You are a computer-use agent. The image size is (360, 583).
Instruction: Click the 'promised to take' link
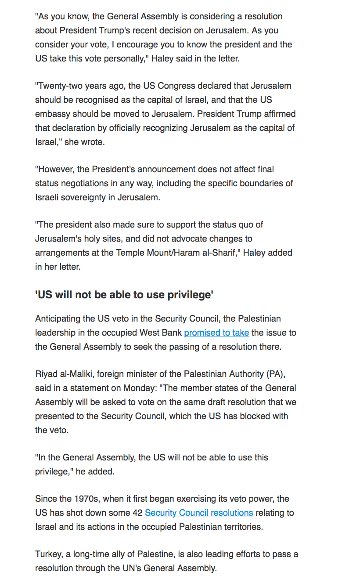(x=216, y=333)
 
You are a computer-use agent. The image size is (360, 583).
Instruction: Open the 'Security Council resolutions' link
(x=199, y=513)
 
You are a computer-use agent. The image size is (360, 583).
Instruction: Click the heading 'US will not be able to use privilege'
(x=124, y=295)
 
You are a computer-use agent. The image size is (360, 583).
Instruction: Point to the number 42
(x=137, y=513)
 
